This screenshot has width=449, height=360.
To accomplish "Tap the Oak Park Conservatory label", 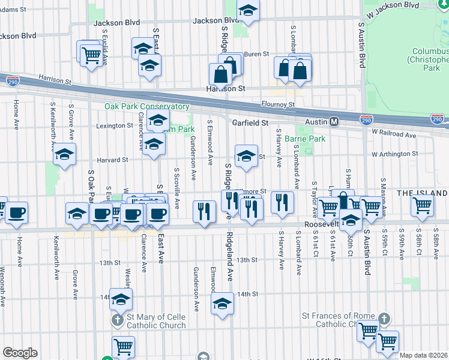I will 146,106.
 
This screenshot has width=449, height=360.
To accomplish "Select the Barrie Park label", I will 305,139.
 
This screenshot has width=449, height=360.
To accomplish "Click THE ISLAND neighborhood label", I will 422,193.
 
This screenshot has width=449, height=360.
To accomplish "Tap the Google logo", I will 20,352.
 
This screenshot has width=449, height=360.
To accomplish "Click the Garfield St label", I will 250,122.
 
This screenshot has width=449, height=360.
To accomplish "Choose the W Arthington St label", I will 394,154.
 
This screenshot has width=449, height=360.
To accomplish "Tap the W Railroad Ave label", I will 394,135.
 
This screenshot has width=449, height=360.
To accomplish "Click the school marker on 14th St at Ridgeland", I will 222,304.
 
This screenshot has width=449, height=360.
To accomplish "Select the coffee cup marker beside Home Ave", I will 16,211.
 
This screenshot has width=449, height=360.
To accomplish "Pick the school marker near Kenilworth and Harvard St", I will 64,155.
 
